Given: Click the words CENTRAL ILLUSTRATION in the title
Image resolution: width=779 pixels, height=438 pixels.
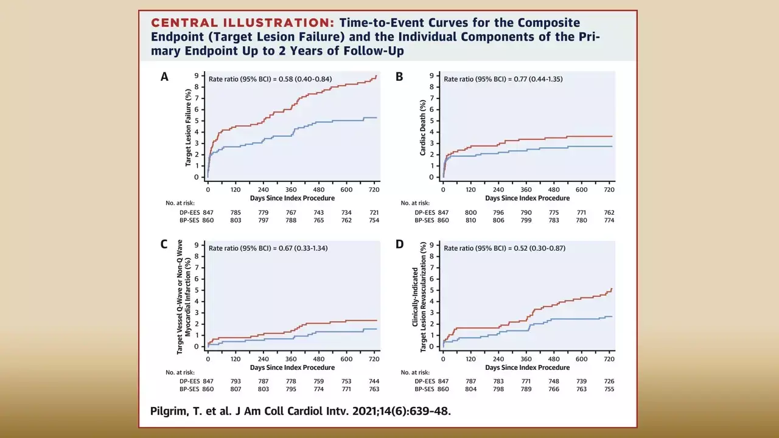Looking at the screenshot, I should click(x=242, y=23).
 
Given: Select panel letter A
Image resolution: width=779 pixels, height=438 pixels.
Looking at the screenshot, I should click(x=164, y=77).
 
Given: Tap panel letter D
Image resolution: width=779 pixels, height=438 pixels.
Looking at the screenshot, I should click(x=399, y=245).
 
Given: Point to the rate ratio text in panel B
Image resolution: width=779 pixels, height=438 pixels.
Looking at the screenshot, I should click(x=503, y=79).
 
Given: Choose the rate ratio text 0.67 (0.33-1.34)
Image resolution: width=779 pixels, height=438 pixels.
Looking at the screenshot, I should click(x=268, y=248).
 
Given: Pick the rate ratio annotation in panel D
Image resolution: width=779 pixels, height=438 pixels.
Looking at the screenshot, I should click(x=503, y=248).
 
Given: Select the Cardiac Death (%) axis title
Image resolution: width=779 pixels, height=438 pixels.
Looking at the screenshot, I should click(x=423, y=127).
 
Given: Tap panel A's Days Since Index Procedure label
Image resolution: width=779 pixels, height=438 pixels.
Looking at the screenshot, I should click(x=292, y=198).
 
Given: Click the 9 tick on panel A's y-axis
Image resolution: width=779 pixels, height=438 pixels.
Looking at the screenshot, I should click(x=197, y=76).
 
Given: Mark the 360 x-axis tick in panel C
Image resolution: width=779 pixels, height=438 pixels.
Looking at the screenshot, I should click(x=291, y=359).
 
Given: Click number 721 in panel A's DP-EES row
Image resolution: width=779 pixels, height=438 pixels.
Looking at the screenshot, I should click(x=374, y=212).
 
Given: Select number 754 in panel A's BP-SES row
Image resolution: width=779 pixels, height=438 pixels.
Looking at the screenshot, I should click(x=374, y=220).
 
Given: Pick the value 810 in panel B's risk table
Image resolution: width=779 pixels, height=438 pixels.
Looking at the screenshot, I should click(x=470, y=220).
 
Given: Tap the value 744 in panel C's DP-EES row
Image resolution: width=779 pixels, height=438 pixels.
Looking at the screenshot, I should click(x=374, y=381).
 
